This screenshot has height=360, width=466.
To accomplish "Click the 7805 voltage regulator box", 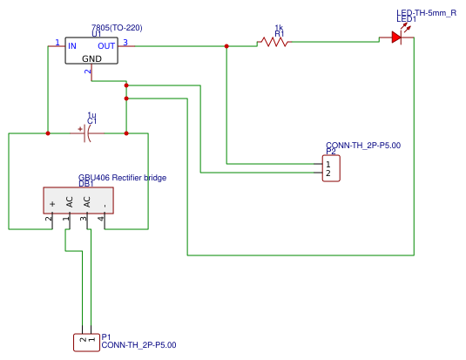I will click(91, 51).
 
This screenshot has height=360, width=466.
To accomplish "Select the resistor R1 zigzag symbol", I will click(274, 41).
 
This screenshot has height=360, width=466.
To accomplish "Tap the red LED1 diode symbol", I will click(396, 37).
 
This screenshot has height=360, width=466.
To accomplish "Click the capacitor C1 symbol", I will click(88, 133).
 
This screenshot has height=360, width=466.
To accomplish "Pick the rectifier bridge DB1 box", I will click(78, 200).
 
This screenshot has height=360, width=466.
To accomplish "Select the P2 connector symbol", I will click(330, 168).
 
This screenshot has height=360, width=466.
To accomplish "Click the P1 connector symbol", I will click(86, 342).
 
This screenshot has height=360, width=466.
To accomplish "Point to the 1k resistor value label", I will click(279, 28).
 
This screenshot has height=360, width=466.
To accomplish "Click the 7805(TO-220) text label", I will click(117, 28).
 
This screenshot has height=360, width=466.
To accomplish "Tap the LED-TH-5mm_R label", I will click(427, 13).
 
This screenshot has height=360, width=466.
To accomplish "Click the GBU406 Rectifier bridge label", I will click(122, 178).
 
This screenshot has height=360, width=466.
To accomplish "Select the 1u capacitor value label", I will click(91, 114).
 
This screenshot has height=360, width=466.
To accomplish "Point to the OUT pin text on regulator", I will click(106, 45).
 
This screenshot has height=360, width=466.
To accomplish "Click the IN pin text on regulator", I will click(72, 45).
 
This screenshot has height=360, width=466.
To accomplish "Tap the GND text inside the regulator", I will click(91, 58).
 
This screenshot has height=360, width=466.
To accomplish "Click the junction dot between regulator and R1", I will click(226, 46).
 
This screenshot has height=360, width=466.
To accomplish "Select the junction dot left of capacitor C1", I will click(48, 133).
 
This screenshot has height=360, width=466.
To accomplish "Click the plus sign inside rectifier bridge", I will click(52, 203).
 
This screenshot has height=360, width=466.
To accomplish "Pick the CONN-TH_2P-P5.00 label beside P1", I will click(138, 345).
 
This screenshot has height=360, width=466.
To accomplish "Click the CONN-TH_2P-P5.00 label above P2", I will click(363, 145).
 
